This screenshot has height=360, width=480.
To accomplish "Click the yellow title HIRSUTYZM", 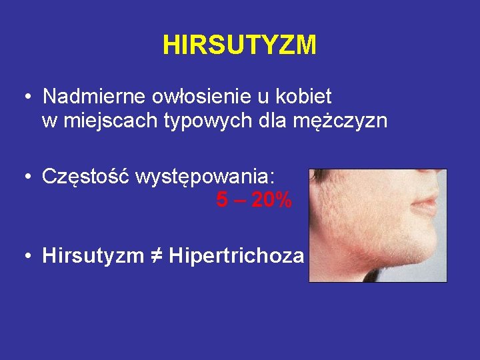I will pyautogui.click(x=239, y=45).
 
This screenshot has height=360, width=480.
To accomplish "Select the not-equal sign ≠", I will pyautogui.click(x=158, y=255).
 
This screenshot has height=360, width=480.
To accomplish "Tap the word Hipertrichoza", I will pyautogui.click(x=237, y=255).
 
